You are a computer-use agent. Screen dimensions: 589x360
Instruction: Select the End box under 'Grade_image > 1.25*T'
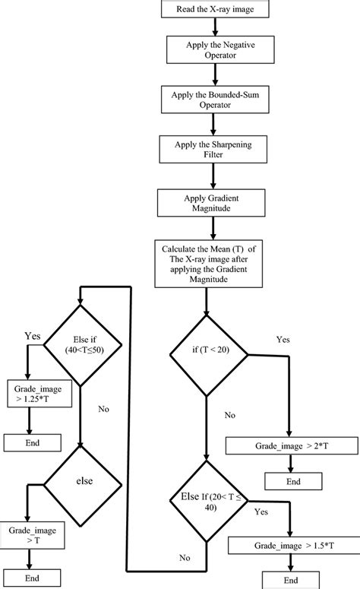click(32, 442)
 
